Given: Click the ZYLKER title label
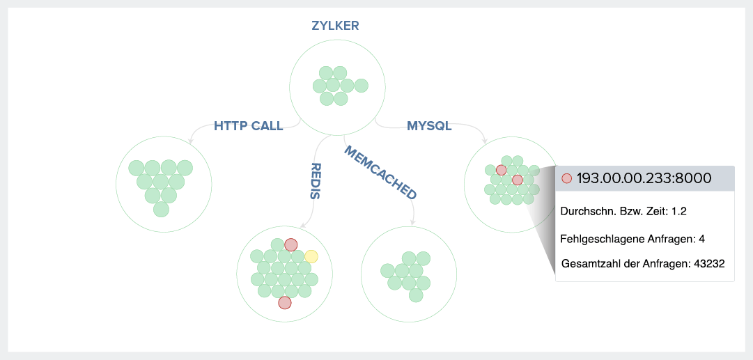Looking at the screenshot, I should click(x=335, y=26).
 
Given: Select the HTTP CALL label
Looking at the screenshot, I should click(x=248, y=126).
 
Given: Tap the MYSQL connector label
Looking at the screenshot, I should click(x=429, y=126).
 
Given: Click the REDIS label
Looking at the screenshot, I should click(x=315, y=181).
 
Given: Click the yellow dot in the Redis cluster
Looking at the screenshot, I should click(x=311, y=256).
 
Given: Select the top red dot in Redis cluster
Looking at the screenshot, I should click(x=291, y=244).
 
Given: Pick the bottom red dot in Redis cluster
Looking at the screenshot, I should click(x=284, y=303).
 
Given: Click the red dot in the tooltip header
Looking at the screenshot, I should click(x=566, y=178).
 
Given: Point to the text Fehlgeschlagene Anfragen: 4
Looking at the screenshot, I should click(x=632, y=239).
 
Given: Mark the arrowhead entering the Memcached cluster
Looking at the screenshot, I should click(x=412, y=222).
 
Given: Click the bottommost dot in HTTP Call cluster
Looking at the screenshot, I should click(x=161, y=210).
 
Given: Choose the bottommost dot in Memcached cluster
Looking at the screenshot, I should click(x=416, y=295).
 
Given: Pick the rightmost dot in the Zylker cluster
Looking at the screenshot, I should click(x=360, y=86).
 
